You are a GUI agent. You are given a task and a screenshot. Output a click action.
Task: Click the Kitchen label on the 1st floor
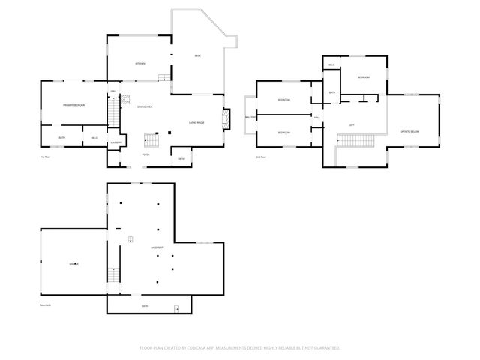[x=139, y=64]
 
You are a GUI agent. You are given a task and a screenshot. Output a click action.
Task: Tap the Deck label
[x=197, y=56]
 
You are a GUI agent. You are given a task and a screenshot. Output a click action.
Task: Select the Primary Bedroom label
[x=74, y=105]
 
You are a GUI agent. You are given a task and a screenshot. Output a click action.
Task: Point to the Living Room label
[x=197, y=121]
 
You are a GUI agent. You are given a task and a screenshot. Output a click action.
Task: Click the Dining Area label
[x=145, y=107]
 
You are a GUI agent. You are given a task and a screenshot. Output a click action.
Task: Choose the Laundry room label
[x=115, y=142]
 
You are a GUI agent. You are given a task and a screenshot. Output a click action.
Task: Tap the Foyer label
[x=145, y=154]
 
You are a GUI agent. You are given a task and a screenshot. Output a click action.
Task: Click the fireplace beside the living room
[x=225, y=118]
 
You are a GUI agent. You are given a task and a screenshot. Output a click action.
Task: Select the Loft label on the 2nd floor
[x=352, y=125]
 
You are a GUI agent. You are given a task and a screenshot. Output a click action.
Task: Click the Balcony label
[x=250, y=117]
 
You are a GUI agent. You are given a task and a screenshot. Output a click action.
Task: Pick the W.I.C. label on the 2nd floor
[x=331, y=65]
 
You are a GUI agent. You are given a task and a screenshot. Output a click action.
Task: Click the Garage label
[x=74, y=264]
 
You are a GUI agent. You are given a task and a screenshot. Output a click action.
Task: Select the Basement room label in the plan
[x=157, y=247]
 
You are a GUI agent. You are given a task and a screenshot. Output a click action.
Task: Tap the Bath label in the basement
[x=145, y=306]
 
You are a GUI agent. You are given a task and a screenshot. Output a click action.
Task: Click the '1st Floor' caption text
[x=46, y=157]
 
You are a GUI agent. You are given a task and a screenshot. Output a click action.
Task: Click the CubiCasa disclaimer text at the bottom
[x=240, y=347]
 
